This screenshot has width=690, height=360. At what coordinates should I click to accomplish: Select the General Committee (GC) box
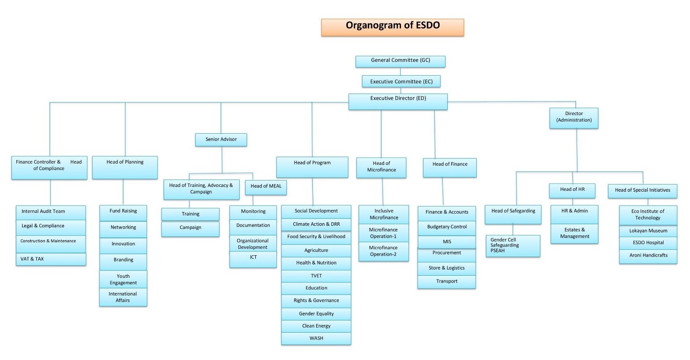point(400,61)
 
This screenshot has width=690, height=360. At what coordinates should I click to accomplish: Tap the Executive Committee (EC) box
point(401,81)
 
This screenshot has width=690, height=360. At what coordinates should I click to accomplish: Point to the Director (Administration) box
point(574,118)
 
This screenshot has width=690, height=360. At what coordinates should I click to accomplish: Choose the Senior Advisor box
point(221,140)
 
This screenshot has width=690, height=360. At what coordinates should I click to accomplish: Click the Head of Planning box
point(125,167)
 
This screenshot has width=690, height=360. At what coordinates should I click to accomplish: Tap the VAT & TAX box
point(51,259)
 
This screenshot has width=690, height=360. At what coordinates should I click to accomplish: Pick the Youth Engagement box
point(123,280)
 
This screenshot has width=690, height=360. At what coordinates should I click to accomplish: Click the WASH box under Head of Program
point(316,338)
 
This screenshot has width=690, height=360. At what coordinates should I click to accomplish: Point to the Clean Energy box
point(316,326)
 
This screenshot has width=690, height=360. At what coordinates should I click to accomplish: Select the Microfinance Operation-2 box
point(383,251)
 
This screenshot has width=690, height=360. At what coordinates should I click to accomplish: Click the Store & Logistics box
point(446,268)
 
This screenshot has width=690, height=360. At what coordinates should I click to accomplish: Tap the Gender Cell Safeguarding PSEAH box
point(513,246)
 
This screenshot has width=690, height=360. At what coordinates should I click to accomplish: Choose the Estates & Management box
point(574,233)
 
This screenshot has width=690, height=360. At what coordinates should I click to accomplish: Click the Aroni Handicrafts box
point(648,256)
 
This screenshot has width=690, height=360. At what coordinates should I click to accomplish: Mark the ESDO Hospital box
point(648,243)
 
